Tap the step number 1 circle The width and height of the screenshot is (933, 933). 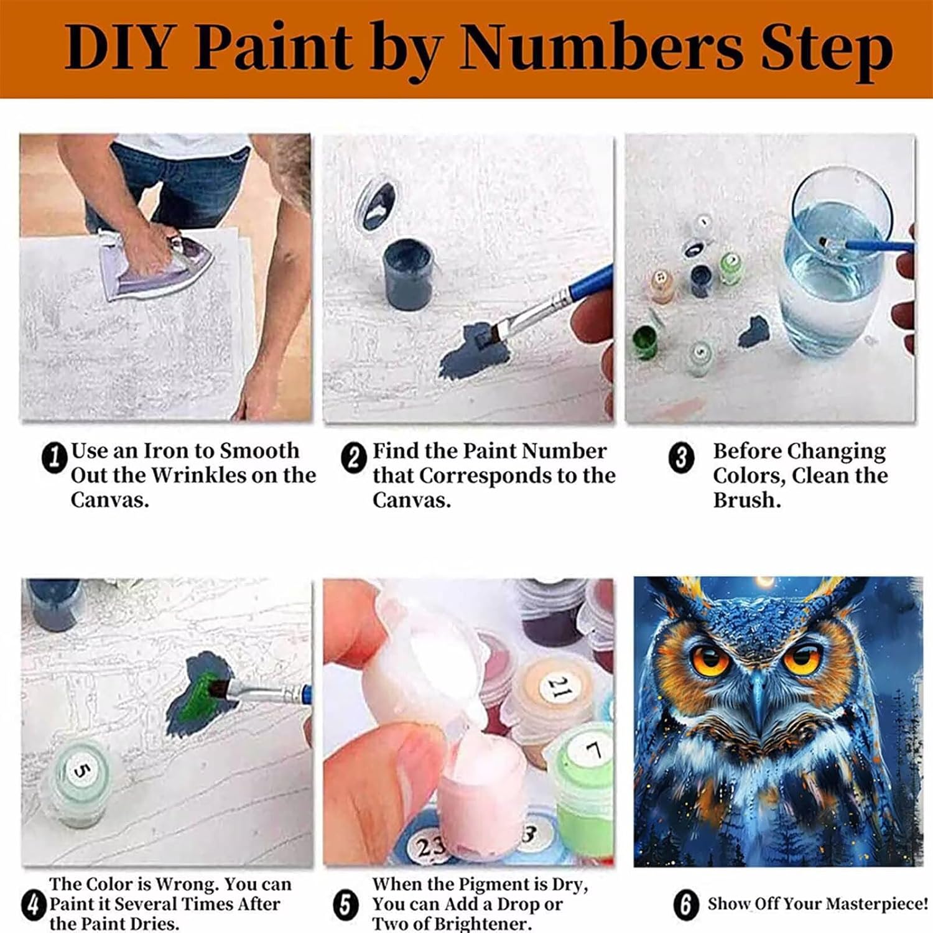54,457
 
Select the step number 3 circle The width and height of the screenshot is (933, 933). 681,458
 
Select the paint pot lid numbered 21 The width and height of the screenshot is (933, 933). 557,687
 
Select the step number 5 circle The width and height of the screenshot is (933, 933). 345,905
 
